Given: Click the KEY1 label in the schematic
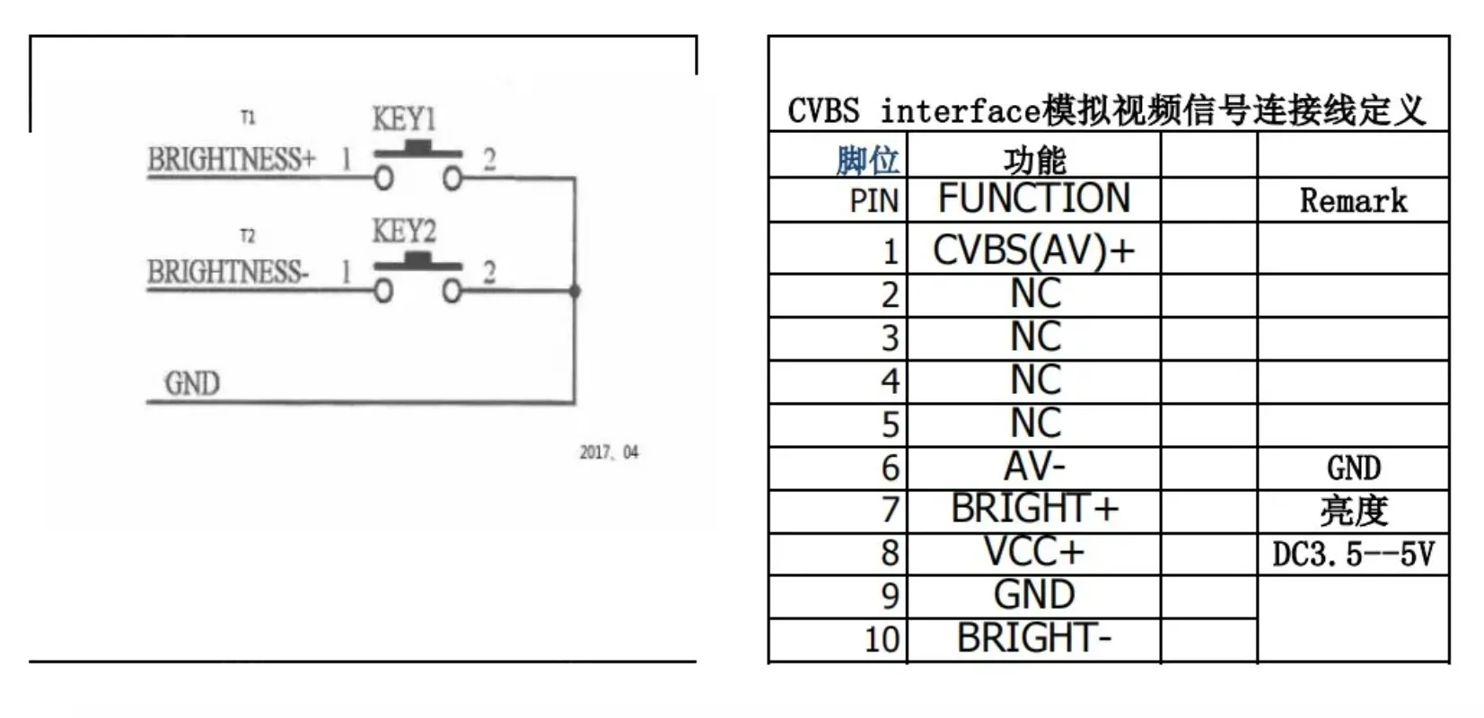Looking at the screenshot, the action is point(403,119).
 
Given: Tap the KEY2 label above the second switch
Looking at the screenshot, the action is point(403,232).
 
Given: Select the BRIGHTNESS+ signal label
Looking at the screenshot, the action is point(232,159).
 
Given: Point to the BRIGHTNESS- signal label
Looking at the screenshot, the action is point(228,272).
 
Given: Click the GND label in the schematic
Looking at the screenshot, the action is point(192,383).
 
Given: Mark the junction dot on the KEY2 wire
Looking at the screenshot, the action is point(575,291).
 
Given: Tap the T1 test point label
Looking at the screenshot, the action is point(248,118).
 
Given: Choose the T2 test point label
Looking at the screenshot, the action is point(247,236).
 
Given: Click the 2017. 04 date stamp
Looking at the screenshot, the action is point(609,452).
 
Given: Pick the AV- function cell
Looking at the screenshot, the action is point(1034,467).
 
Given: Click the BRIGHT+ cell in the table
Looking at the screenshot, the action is point(1035,509).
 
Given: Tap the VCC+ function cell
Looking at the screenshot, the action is point(1034,552).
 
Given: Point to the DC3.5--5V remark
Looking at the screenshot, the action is point(1353,554).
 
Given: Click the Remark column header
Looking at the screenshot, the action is point(1353,201).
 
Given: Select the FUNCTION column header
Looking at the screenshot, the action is point(1034,198).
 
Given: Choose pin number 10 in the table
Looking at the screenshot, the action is point(882,640).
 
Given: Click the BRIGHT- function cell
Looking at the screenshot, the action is point(1033,638).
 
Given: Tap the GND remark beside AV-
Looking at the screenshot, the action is point(1354,468).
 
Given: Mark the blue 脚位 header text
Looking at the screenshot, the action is point(867,161).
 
